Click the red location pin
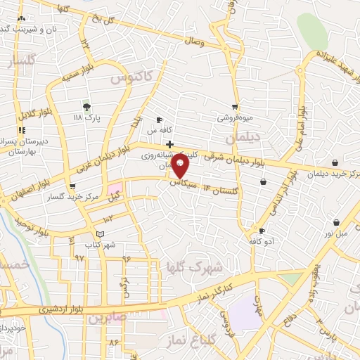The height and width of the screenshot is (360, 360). pos(181,166)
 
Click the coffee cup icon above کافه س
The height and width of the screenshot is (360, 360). pos(160,120)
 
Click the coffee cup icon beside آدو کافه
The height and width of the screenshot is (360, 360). pos(262,231)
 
